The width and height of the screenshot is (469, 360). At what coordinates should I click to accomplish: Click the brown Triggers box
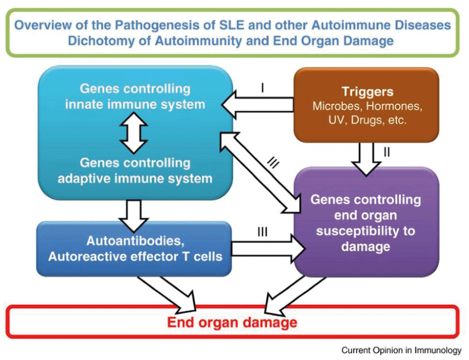click(x=366, y=105)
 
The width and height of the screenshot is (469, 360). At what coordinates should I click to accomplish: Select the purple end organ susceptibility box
click(x=366, y=222)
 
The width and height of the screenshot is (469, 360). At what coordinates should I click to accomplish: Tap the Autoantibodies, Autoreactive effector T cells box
click(x=134, y=249)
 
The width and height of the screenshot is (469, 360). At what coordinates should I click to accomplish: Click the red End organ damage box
click(x=233, y=322)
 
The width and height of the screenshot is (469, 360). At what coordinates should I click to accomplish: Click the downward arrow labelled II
click(x=366, y=159)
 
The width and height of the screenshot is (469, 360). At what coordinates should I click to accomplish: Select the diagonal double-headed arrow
click(x=260, y=173)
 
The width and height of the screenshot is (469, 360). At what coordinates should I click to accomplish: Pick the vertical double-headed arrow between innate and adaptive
click(x=134, y=133)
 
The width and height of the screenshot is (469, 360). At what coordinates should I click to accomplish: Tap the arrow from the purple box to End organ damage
click(x=295, y=296)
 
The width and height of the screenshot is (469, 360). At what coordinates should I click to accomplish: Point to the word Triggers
click(x=367, y=92)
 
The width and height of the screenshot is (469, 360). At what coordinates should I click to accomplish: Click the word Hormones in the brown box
click(x=394, y=106)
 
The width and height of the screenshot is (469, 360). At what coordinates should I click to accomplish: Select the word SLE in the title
click(x=232, y=25)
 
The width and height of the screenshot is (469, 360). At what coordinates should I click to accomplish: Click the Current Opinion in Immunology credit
click(x=401, y=350)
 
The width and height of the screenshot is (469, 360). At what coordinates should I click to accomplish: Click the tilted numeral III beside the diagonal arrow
click(x=273, y=163)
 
